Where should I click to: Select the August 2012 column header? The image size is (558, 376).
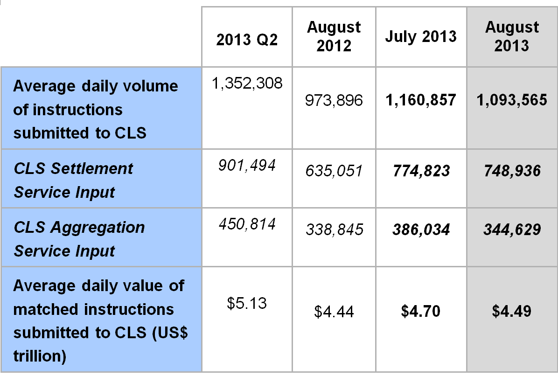click(334, 36)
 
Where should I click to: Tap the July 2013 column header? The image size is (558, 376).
click(420, 37)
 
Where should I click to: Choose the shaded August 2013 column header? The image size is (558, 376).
click(512, 36)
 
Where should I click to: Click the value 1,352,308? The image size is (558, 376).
click(247, 84)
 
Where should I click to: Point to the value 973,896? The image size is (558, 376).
click(334, 100)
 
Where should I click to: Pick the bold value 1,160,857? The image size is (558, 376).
click(420, 100)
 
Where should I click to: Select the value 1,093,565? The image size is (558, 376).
click(512, 100)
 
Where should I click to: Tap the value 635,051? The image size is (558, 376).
click(334, 171)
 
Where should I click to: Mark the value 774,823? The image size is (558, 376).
click(420, 171)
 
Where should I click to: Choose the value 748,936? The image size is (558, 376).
click(512, 171)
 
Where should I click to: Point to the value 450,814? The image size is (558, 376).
click(247, 224)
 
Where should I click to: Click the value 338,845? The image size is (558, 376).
click(334, 230)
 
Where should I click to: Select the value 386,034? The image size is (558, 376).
click(420, 230)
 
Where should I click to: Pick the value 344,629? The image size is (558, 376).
click(512, 230)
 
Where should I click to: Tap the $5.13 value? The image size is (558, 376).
click(247, 304)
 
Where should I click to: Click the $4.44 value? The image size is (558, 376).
click(334, 312)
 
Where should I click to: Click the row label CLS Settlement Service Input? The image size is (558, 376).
click(73, 180)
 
